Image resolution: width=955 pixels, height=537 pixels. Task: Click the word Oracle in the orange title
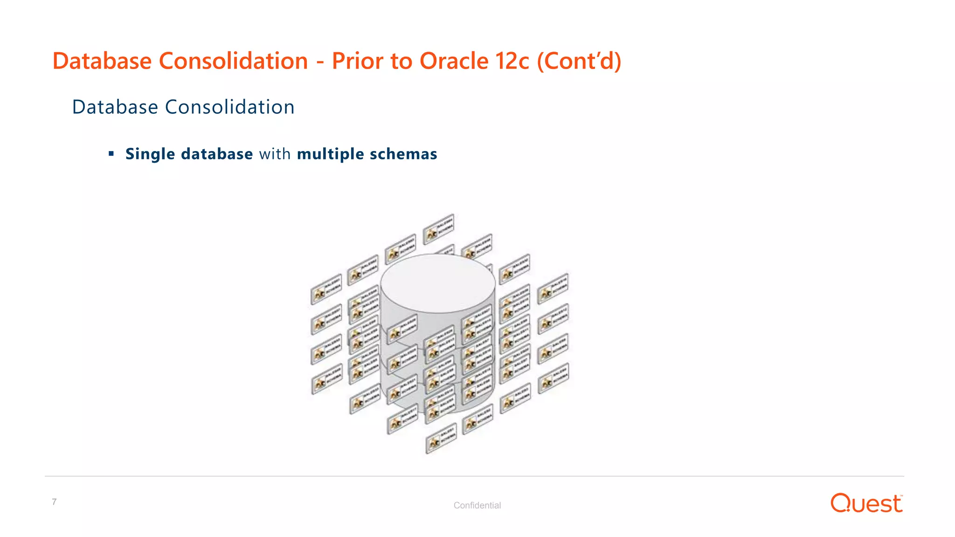pyautogui.click(x=454, y=61)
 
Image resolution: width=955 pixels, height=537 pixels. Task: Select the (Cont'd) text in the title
pyautogui.click(x=579, y=61)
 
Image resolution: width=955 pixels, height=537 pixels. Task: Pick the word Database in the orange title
pyautogui.click(x=102, y=61)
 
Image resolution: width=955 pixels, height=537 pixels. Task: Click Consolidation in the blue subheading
pyautogui.click(x=230, y=107)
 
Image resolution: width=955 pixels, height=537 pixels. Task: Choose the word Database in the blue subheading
pyautogui.click(x=115, y=107)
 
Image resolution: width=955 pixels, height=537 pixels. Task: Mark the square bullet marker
pyautogui.click(x=111, y=153)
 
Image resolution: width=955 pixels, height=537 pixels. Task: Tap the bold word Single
pyautogui.click(x=150, y=154)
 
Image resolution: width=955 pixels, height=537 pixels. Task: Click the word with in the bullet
pyautogui.click(x=275, y=154)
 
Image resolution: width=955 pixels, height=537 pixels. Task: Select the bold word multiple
pyautogui.click(x=330, y=154)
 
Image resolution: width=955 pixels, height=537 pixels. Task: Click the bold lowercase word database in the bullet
pyautogui.click(x=217, y=154)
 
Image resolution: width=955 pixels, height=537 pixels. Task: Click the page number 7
pyautogui.click(x=55, y=502)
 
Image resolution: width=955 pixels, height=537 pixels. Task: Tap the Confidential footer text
pyautogui.click(x=477, y=505)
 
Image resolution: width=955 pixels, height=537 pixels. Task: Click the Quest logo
pyautogui.click(x=866, y=503)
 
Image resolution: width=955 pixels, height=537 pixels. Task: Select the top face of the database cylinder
pyautogui.click(x=437, y=282)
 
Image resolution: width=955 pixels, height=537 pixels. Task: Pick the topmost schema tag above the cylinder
pyautogui.click(x=438, y=229)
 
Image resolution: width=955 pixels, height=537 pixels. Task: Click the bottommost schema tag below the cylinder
pyautogui.click(x=441, y=438)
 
